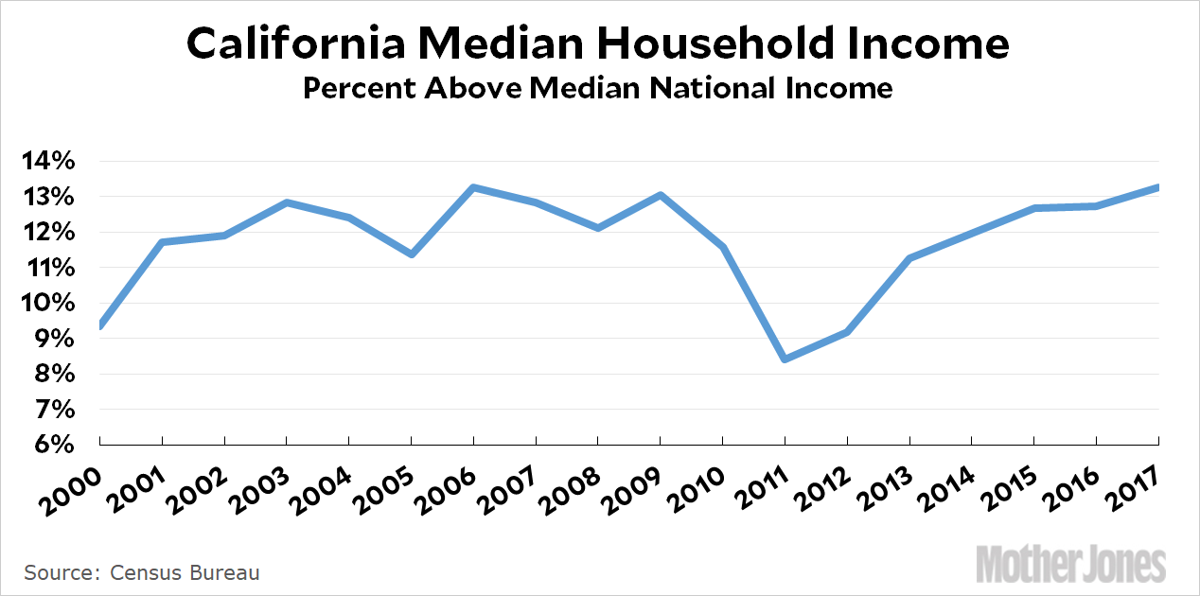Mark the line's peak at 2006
point(473,187)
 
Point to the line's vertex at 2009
point(661,195)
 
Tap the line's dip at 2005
point(412,254)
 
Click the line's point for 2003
point(287,202)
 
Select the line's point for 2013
point(909,258)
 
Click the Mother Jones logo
point(1070,564)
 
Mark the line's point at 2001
point(162,242)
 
